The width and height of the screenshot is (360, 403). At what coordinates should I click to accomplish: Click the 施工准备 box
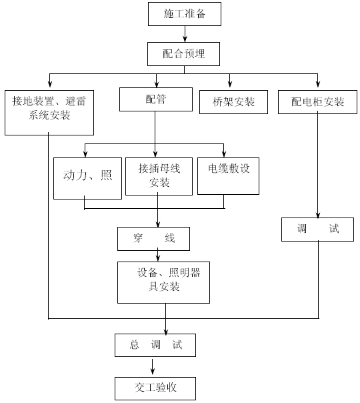tap(185, 14)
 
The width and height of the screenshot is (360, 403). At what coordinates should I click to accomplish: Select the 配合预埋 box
tap(183, 54)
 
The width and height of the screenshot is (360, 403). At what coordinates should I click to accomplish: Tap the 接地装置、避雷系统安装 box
tap(49, 113)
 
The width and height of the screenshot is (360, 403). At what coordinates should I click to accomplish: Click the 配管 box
tap(156, 99)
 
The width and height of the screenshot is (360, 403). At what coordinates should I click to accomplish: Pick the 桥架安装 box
tap(233, 102)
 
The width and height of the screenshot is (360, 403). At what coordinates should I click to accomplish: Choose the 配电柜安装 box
tap(317, 102)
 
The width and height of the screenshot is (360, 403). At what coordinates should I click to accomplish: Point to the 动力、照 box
tap(87, 178)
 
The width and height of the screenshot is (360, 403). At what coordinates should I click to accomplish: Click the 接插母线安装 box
tap(159, 176)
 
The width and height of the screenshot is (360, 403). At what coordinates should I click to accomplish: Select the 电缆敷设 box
tap(228, 176)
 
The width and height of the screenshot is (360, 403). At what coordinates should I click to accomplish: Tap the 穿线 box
tap(153, 239)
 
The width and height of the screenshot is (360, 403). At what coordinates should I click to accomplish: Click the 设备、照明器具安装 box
tap(163, 282)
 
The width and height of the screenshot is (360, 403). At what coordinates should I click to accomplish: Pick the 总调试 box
tap(155, 345)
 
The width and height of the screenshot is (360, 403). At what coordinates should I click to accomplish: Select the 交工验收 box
tap(155, 388)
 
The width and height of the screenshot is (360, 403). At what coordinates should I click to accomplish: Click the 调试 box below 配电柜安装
tap(317, 230)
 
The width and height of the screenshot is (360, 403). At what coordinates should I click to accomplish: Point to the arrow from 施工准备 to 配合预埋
tap(185, 34)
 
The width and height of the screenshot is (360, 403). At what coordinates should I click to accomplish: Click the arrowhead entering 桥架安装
tap(230, 84)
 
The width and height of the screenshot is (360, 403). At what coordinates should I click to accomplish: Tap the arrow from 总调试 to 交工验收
tap(153, 367)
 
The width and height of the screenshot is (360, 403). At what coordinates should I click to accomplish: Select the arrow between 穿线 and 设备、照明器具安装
tap(157, 255)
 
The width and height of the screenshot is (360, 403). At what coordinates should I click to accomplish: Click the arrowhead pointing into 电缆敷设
tap(224, 154)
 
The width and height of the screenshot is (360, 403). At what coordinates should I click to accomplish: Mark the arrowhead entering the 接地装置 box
tap(50, 84)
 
